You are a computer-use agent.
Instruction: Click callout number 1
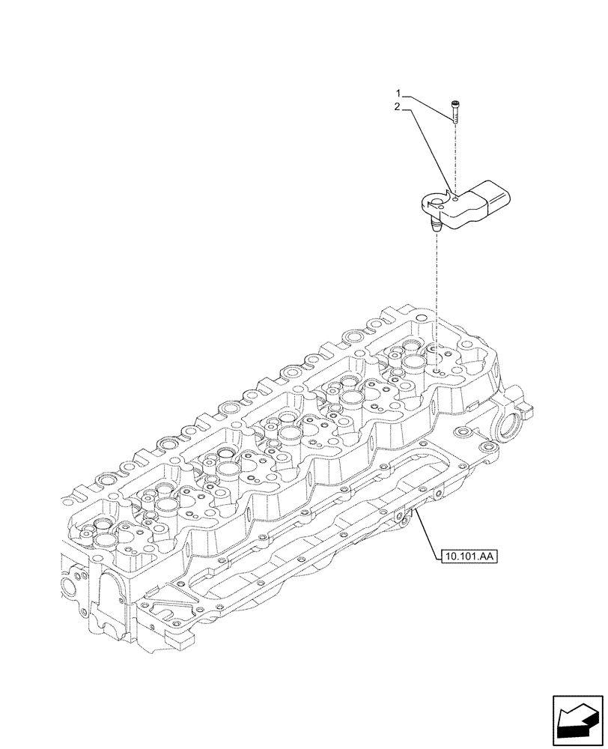pyautogui.click(x=399, y=94)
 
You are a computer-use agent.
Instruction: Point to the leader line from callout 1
pyautogui.click(x=427, y=103)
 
